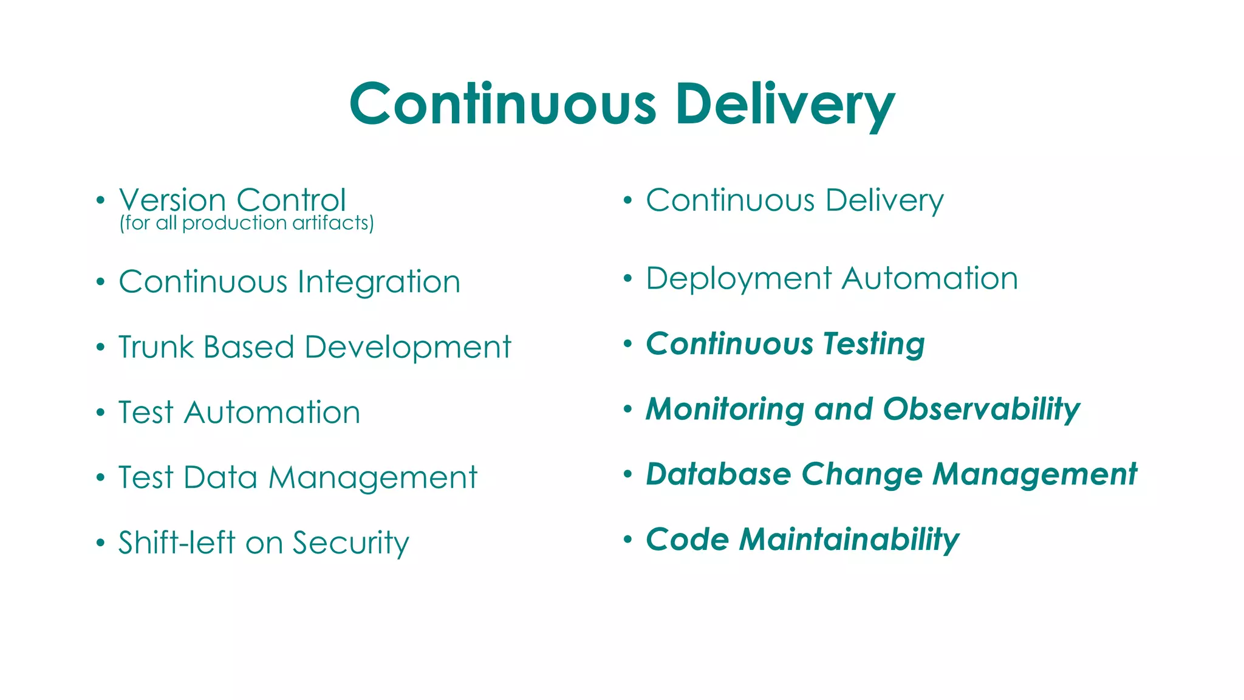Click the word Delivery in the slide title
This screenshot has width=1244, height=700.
[x=785, y=105]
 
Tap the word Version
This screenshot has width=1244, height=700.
[x=173, y=200]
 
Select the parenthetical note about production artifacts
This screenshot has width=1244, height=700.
[x=247, y=223]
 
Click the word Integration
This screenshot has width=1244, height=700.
[x=379, y=282]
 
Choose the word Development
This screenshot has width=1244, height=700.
[x=408, y=348]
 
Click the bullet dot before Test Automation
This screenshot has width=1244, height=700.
[x=101, y=413]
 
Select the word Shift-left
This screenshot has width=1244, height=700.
[x=176, y=542]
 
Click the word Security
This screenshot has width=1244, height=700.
[x=350, y=543]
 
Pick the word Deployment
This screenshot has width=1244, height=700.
[x=739, y=280]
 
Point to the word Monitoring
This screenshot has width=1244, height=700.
[x=725, y=410]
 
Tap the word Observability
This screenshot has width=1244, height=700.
[x=981, y=410]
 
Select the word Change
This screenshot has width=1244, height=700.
[x=861, y=475]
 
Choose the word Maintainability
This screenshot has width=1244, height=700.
[x=849, y=540]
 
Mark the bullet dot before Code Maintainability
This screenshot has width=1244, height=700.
[x=628, y=539]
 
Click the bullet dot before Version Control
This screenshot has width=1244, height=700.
[x=101, y=200]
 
